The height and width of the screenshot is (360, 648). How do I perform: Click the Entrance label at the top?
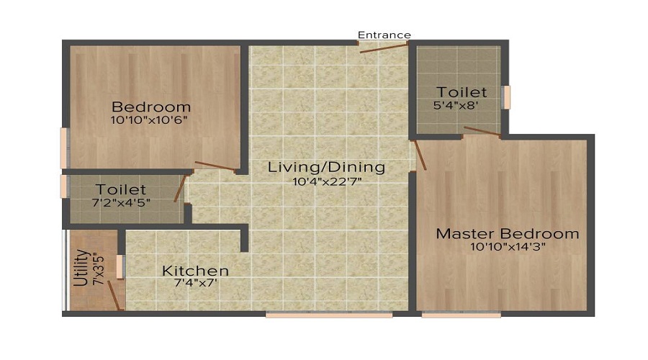click(384, 35)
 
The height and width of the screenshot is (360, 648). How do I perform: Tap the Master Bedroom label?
click(507, 234)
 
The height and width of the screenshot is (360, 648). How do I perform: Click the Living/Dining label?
click(326, 167)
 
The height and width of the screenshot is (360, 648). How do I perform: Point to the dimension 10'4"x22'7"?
click(326, 181)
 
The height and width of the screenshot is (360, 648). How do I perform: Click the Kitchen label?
click(195, 271)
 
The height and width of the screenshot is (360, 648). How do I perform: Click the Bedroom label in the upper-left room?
click(151, 107)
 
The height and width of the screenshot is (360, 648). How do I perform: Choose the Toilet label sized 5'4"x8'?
click(462, 92)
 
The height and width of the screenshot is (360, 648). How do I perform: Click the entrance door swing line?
click(384, 48)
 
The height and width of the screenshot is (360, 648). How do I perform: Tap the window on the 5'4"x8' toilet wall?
click(506, 97)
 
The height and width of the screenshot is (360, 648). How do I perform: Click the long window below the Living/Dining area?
click(328, 314)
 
